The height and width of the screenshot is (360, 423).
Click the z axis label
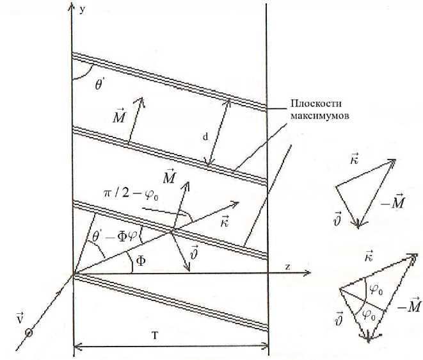coord(288,268)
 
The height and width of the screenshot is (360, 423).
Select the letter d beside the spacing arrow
coord(204,136)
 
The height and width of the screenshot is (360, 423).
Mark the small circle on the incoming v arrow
coord(28,332)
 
